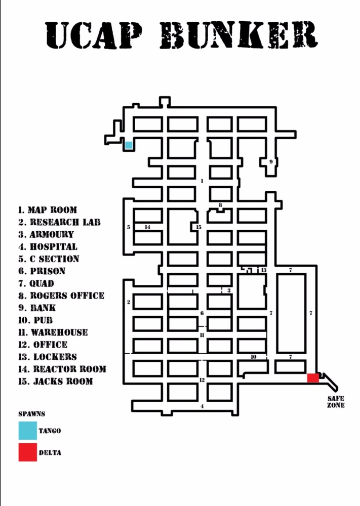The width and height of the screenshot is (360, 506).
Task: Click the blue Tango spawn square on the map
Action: point(129,145)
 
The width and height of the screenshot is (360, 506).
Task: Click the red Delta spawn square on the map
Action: point(313,377)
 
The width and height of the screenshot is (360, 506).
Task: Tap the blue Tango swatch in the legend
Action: point(27,431)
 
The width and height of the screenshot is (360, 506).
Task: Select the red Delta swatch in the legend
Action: point(27,452)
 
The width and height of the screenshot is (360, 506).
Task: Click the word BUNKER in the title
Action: point(239,36)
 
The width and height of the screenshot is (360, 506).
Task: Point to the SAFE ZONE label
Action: point(336,402)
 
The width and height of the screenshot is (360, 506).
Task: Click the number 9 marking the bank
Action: point(271,162)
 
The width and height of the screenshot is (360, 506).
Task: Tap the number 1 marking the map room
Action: point(202,181)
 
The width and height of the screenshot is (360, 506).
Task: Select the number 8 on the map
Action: point(220,205)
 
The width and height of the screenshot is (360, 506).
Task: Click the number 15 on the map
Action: point(198,227)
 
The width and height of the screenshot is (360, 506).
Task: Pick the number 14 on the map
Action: point(147,227)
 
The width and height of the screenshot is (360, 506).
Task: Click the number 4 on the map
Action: point(202,406)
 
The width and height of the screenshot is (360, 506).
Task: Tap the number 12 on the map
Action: point(202,380)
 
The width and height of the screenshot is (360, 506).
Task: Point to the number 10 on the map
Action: point(253,357)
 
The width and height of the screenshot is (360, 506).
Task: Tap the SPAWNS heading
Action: point(32,414)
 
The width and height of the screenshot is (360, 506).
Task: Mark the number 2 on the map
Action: point(129,302)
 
